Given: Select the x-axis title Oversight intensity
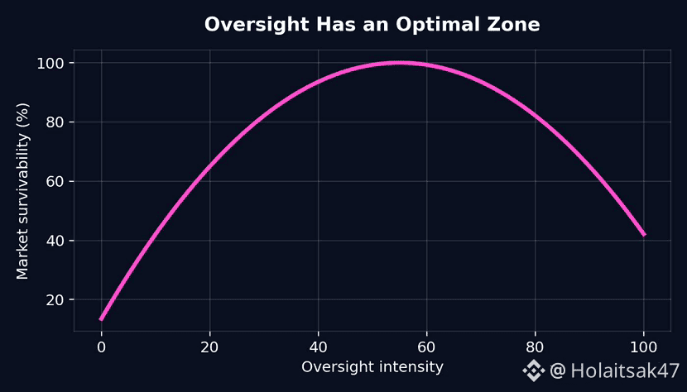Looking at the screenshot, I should (x=372, y=366).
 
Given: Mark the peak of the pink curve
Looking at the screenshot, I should (x=400, y=62).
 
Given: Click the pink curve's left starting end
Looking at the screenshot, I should (x=101, y=318).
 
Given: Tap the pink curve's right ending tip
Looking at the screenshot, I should (x=644, y=235).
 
